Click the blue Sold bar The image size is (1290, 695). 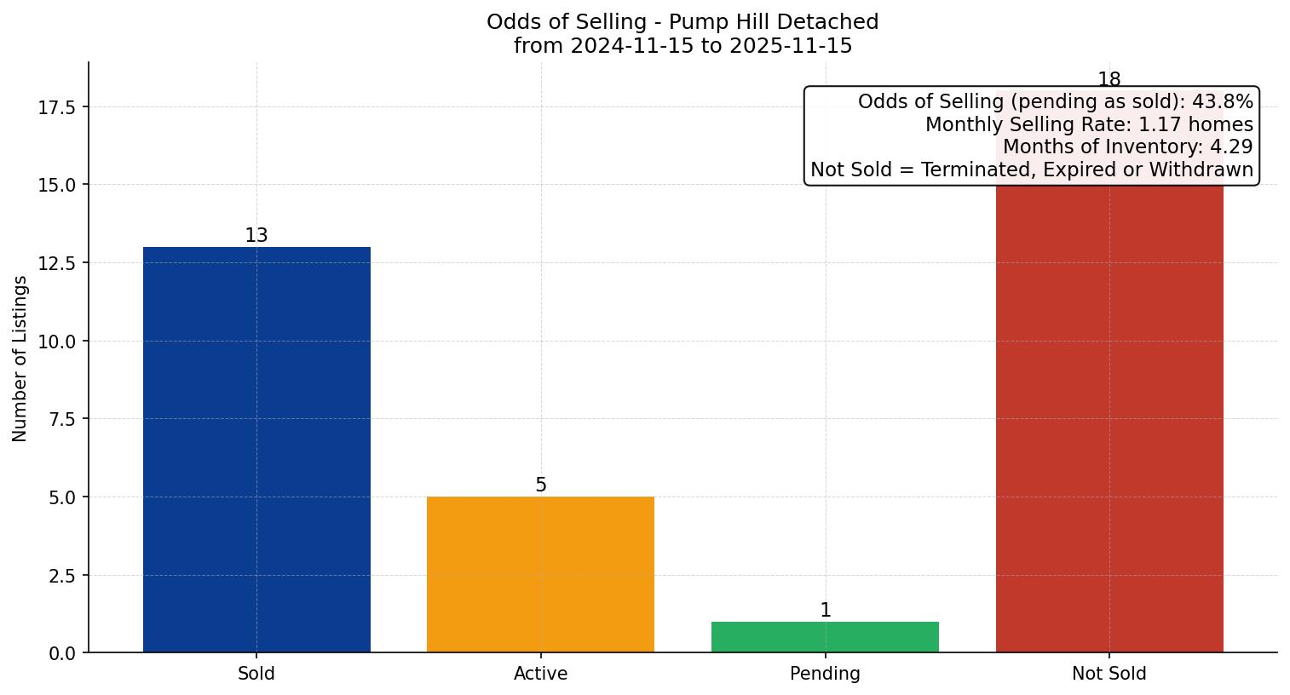[256, 450]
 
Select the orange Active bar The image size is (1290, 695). [540, 574]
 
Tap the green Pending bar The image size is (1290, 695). [825, 637]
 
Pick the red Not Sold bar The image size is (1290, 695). [1109, 417]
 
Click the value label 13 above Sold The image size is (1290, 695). [256, 236]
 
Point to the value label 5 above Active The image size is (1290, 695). [541, 485]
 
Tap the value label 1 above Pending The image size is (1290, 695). [825, 611]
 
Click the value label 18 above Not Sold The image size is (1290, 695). [1109, 80]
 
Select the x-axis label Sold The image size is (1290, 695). [256, 674]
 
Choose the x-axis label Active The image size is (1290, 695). [540, 674]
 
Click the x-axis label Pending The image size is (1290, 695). [825, 674]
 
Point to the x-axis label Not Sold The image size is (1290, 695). [1109, 674]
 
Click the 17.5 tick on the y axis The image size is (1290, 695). [57, 107]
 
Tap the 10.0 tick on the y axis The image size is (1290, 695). [57, 342]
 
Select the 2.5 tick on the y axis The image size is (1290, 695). [62, 576]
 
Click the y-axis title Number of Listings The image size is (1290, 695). [20, 359]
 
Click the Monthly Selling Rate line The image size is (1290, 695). [1089, 125]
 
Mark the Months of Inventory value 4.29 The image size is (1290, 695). [1231, 147]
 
